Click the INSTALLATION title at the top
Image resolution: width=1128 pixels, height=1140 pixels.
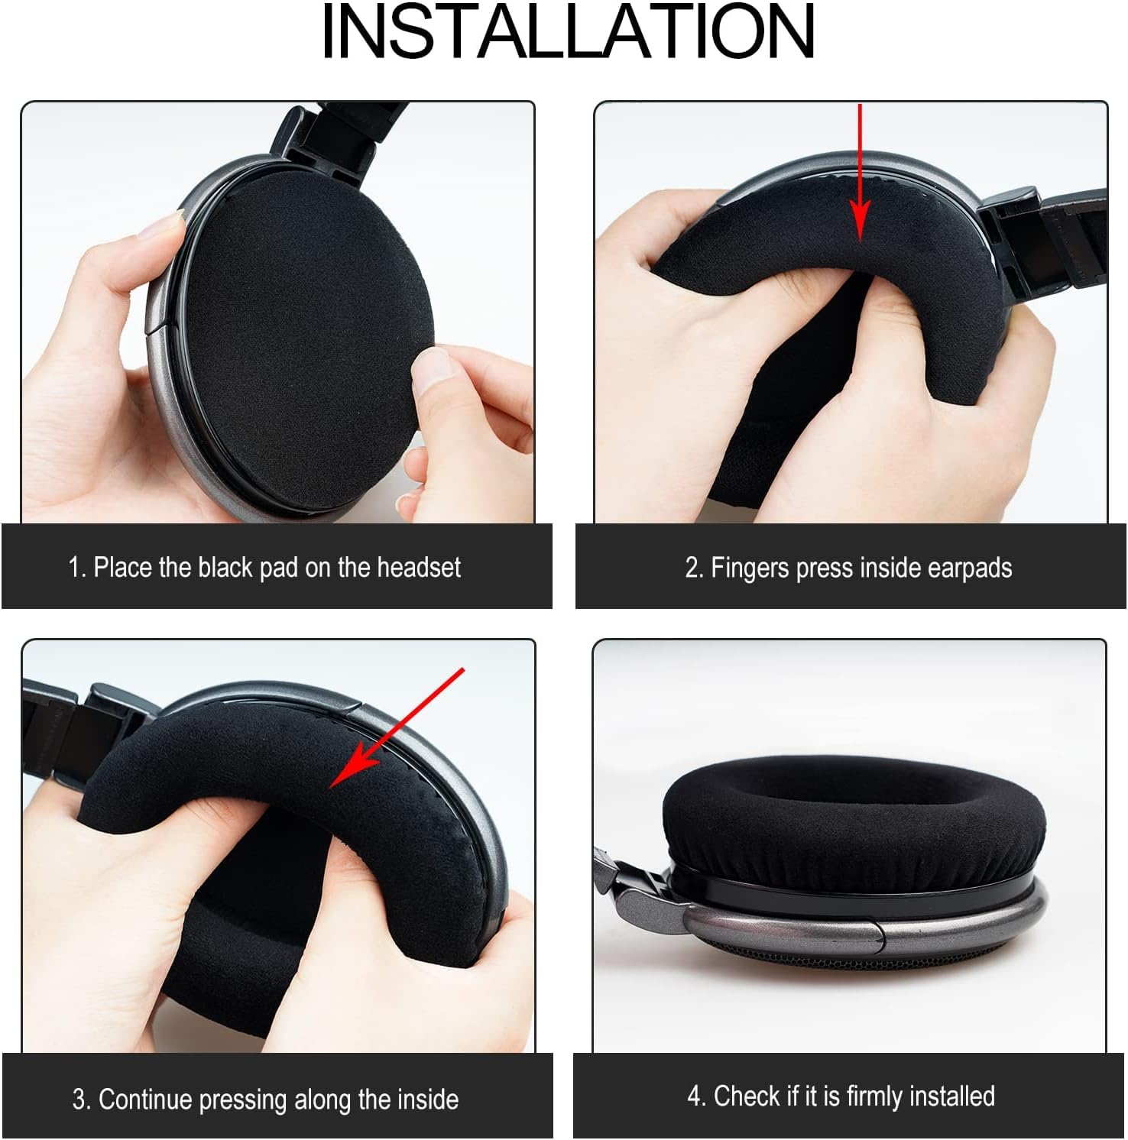click(x=567, y=32)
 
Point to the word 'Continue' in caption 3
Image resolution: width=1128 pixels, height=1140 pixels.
click(x=145, y=1100)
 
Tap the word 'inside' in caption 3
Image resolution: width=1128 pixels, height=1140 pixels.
click(x=429, y=1100)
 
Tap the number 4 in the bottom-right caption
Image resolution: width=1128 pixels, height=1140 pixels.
click(x=694, y=1096)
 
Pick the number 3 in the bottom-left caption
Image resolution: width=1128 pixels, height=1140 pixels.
click(x=79, y=1100)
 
